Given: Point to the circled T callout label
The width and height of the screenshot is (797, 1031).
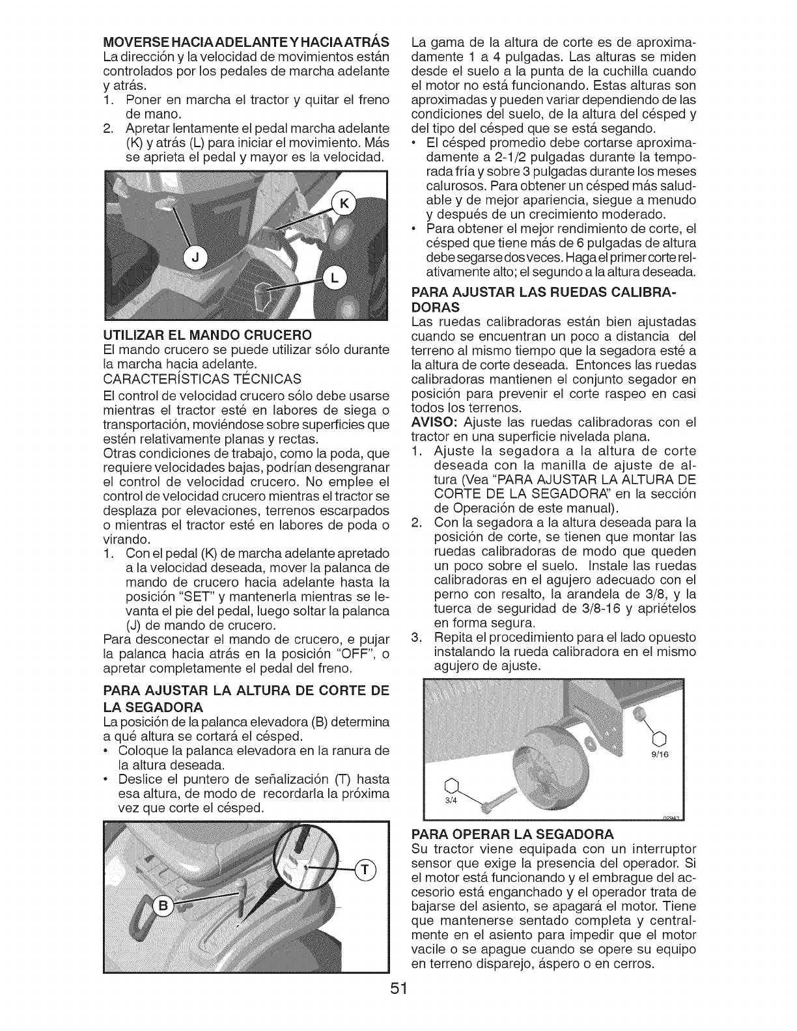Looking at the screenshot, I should point(364,872).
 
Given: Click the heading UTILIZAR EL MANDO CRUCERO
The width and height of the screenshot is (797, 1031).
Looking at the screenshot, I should point(207,335).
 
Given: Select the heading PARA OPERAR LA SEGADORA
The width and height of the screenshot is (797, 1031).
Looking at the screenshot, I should point(513,834).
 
